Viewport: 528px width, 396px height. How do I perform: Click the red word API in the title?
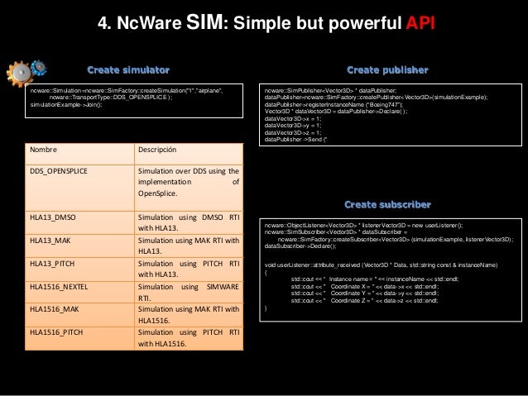pos(420,23)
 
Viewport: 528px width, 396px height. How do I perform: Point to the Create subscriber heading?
pos(387,203)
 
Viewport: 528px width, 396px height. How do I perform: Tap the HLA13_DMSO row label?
pos(52,217)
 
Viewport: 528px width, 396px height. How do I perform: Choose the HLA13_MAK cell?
pos(50,240)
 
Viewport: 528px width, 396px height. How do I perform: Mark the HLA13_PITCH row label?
pos(53,263)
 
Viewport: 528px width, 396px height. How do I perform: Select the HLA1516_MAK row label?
pos(54,309)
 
